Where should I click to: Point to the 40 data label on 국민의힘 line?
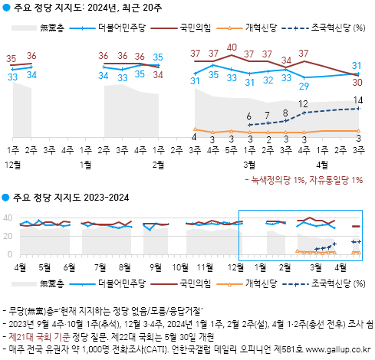(231, 48)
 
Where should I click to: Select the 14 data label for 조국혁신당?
(358, 100)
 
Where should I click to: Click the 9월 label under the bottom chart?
(156, 267)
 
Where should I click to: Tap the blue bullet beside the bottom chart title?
(6, 198)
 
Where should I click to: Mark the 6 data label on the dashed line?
(249, 116)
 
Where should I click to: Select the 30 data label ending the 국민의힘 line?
(358, 82)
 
